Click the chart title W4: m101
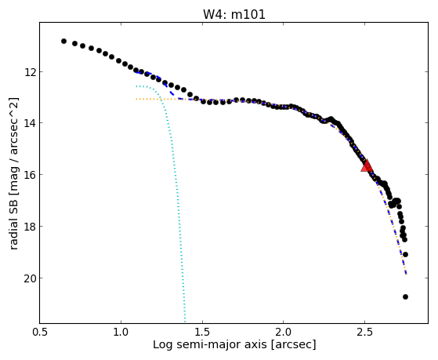[x=234, y=14]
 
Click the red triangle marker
[x=367, y=165]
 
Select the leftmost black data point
[x=63, y=41]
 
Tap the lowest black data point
[x=405, y=296]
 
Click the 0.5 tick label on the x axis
[x=40, y=332]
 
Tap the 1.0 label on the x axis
[x=121, y=332]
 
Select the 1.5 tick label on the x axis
[x=202, y=332]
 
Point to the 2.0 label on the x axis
[x=284, y=332]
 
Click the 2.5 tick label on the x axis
[x=365, y=332]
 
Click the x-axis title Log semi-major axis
[x=209, y=344]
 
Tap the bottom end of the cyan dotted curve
[x=185, y=322]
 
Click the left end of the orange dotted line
[x=136, y=99]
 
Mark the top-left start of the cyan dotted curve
[x=136, y=86]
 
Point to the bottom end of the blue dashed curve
[x=407, y=275]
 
